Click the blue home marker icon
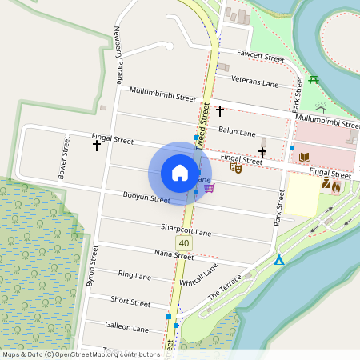[180, 173]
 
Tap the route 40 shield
[186, 242]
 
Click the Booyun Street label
[146, 197]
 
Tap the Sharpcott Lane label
[186, 230]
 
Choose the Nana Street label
[174, 256]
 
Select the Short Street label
[130, 302]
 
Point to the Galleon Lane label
[126, 328]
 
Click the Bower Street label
[63, 158]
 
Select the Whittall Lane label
[198, 278]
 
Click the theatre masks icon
[236, 166]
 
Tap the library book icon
[304, 158]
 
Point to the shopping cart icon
[210, 186]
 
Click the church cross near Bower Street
[97, 146]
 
